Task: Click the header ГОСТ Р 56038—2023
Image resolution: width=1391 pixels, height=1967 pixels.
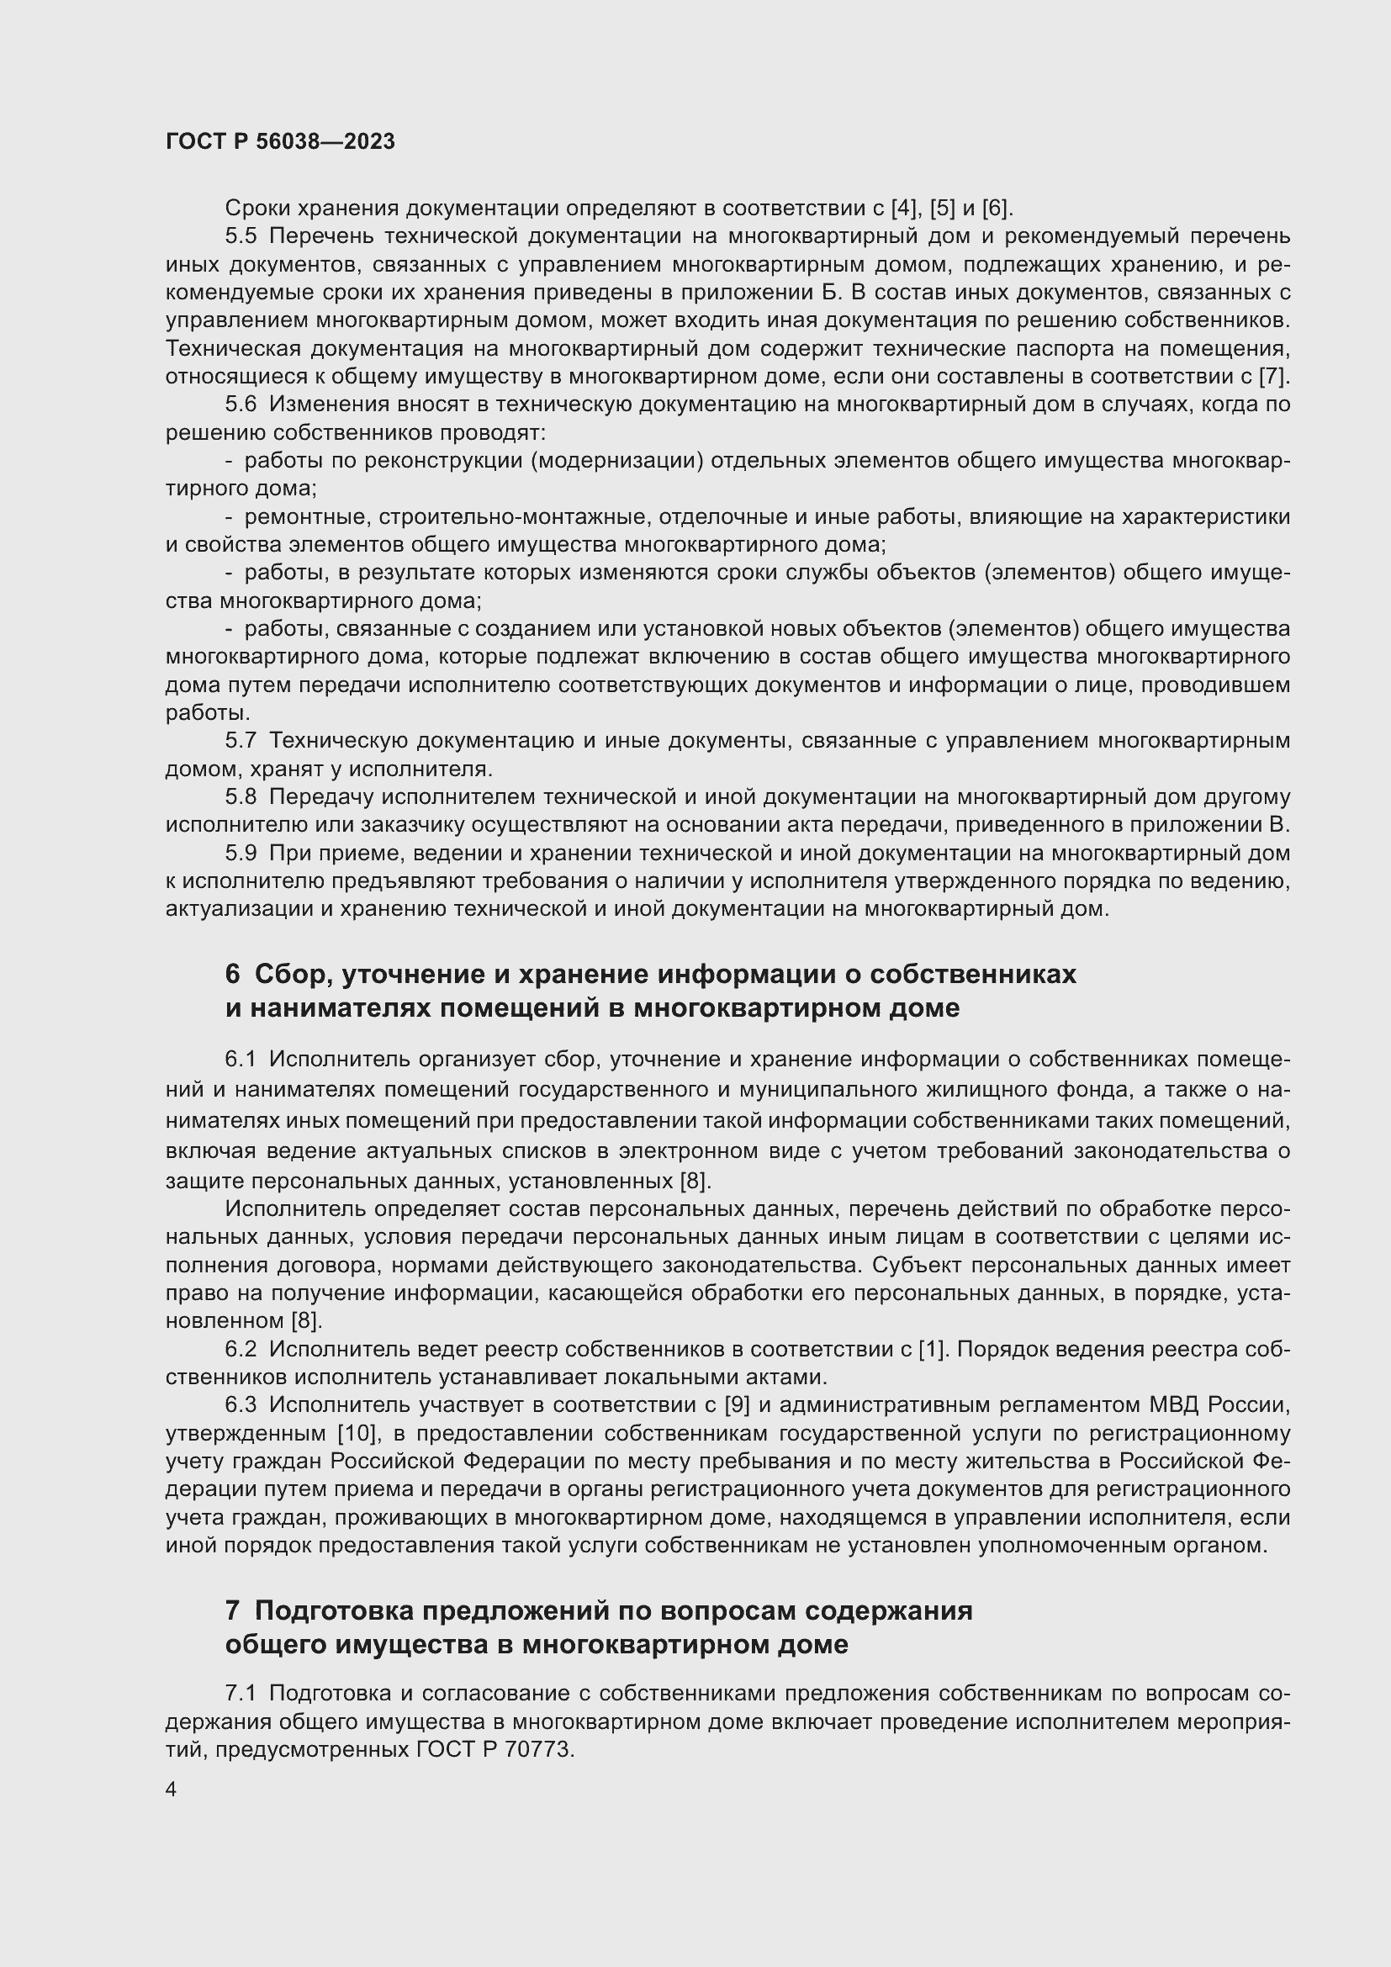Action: (280, 142)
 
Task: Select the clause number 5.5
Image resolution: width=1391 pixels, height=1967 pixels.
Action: (241, 236)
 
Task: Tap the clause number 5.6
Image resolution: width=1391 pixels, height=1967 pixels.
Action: (241, 405)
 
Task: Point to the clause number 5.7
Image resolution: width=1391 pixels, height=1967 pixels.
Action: (241, 741)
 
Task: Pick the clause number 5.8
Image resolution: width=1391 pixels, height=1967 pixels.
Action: (241, 797)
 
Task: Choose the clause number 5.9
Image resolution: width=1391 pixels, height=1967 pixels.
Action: (241, 854)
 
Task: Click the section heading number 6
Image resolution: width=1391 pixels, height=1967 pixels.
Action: (233, 974)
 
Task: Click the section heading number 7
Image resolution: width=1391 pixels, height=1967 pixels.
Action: (233, 1610)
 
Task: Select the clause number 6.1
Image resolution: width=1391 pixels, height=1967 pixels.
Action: (241, 1060)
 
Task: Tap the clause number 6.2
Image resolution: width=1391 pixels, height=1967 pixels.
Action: (241, 1349)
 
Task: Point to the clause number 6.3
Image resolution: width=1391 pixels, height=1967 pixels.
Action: (241, 1405)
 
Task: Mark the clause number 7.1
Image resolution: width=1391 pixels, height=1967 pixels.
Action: (241, 1693)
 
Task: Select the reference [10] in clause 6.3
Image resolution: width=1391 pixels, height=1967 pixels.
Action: (356, 1433)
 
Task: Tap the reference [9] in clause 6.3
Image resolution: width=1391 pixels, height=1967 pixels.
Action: (738, 1405)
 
